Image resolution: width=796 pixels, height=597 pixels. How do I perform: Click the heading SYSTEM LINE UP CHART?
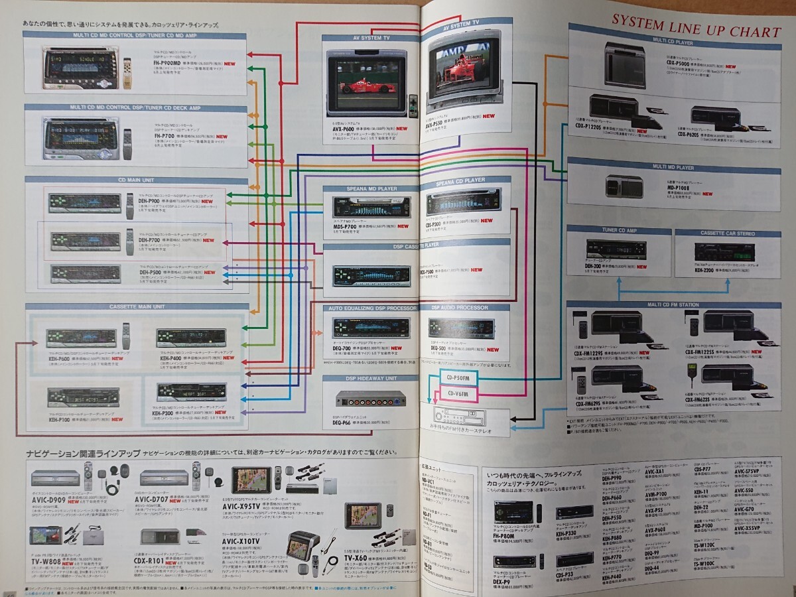pos(696,32)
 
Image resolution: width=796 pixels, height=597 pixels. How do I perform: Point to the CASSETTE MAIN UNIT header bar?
pos(136,306)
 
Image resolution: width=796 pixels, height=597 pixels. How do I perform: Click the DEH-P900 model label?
pos(153,200)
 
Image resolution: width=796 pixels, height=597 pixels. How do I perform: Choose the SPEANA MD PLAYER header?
pos(369,189)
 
